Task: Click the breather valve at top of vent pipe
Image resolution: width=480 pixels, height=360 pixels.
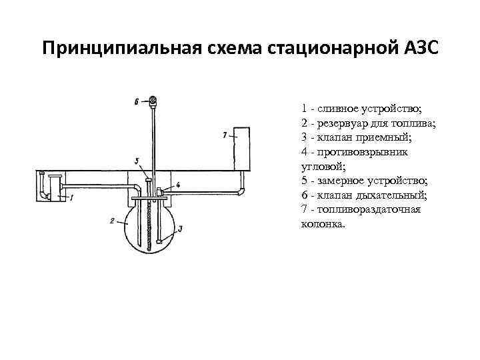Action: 153,101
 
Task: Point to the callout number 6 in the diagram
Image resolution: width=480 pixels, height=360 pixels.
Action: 137,102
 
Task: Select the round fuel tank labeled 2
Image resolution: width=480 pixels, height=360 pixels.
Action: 153,226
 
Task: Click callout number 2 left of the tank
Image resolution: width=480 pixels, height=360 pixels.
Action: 113,220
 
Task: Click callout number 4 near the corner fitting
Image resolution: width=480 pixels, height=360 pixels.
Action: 178,184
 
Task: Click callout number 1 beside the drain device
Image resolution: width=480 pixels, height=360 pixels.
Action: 71,197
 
